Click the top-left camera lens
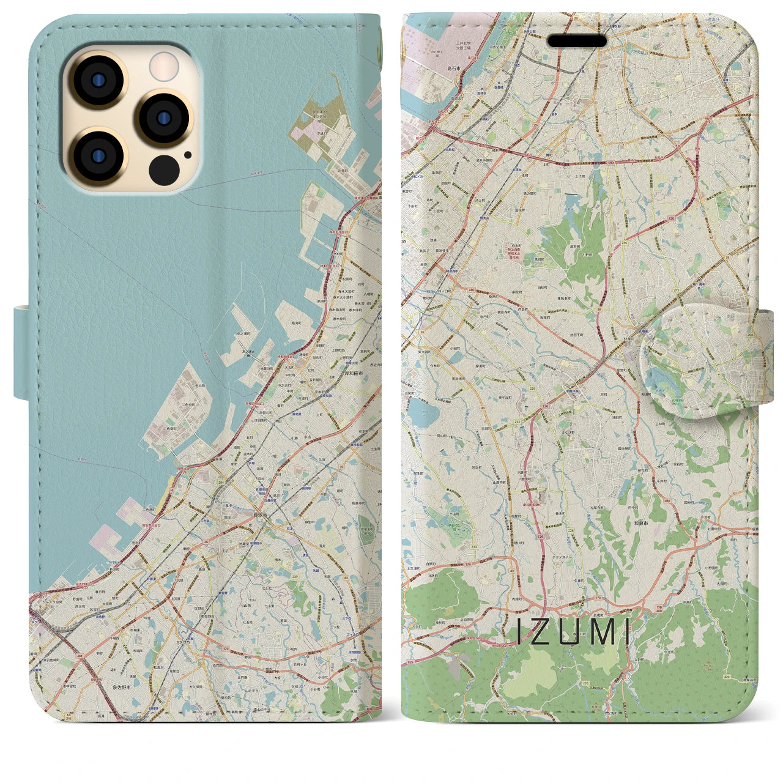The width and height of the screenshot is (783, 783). point(97,80)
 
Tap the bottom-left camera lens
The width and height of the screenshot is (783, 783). point(97,156)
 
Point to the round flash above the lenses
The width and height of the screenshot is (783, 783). point(163,66)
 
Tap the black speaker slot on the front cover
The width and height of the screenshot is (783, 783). point(577,41)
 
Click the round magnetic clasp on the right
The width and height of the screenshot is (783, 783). point(697,362)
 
